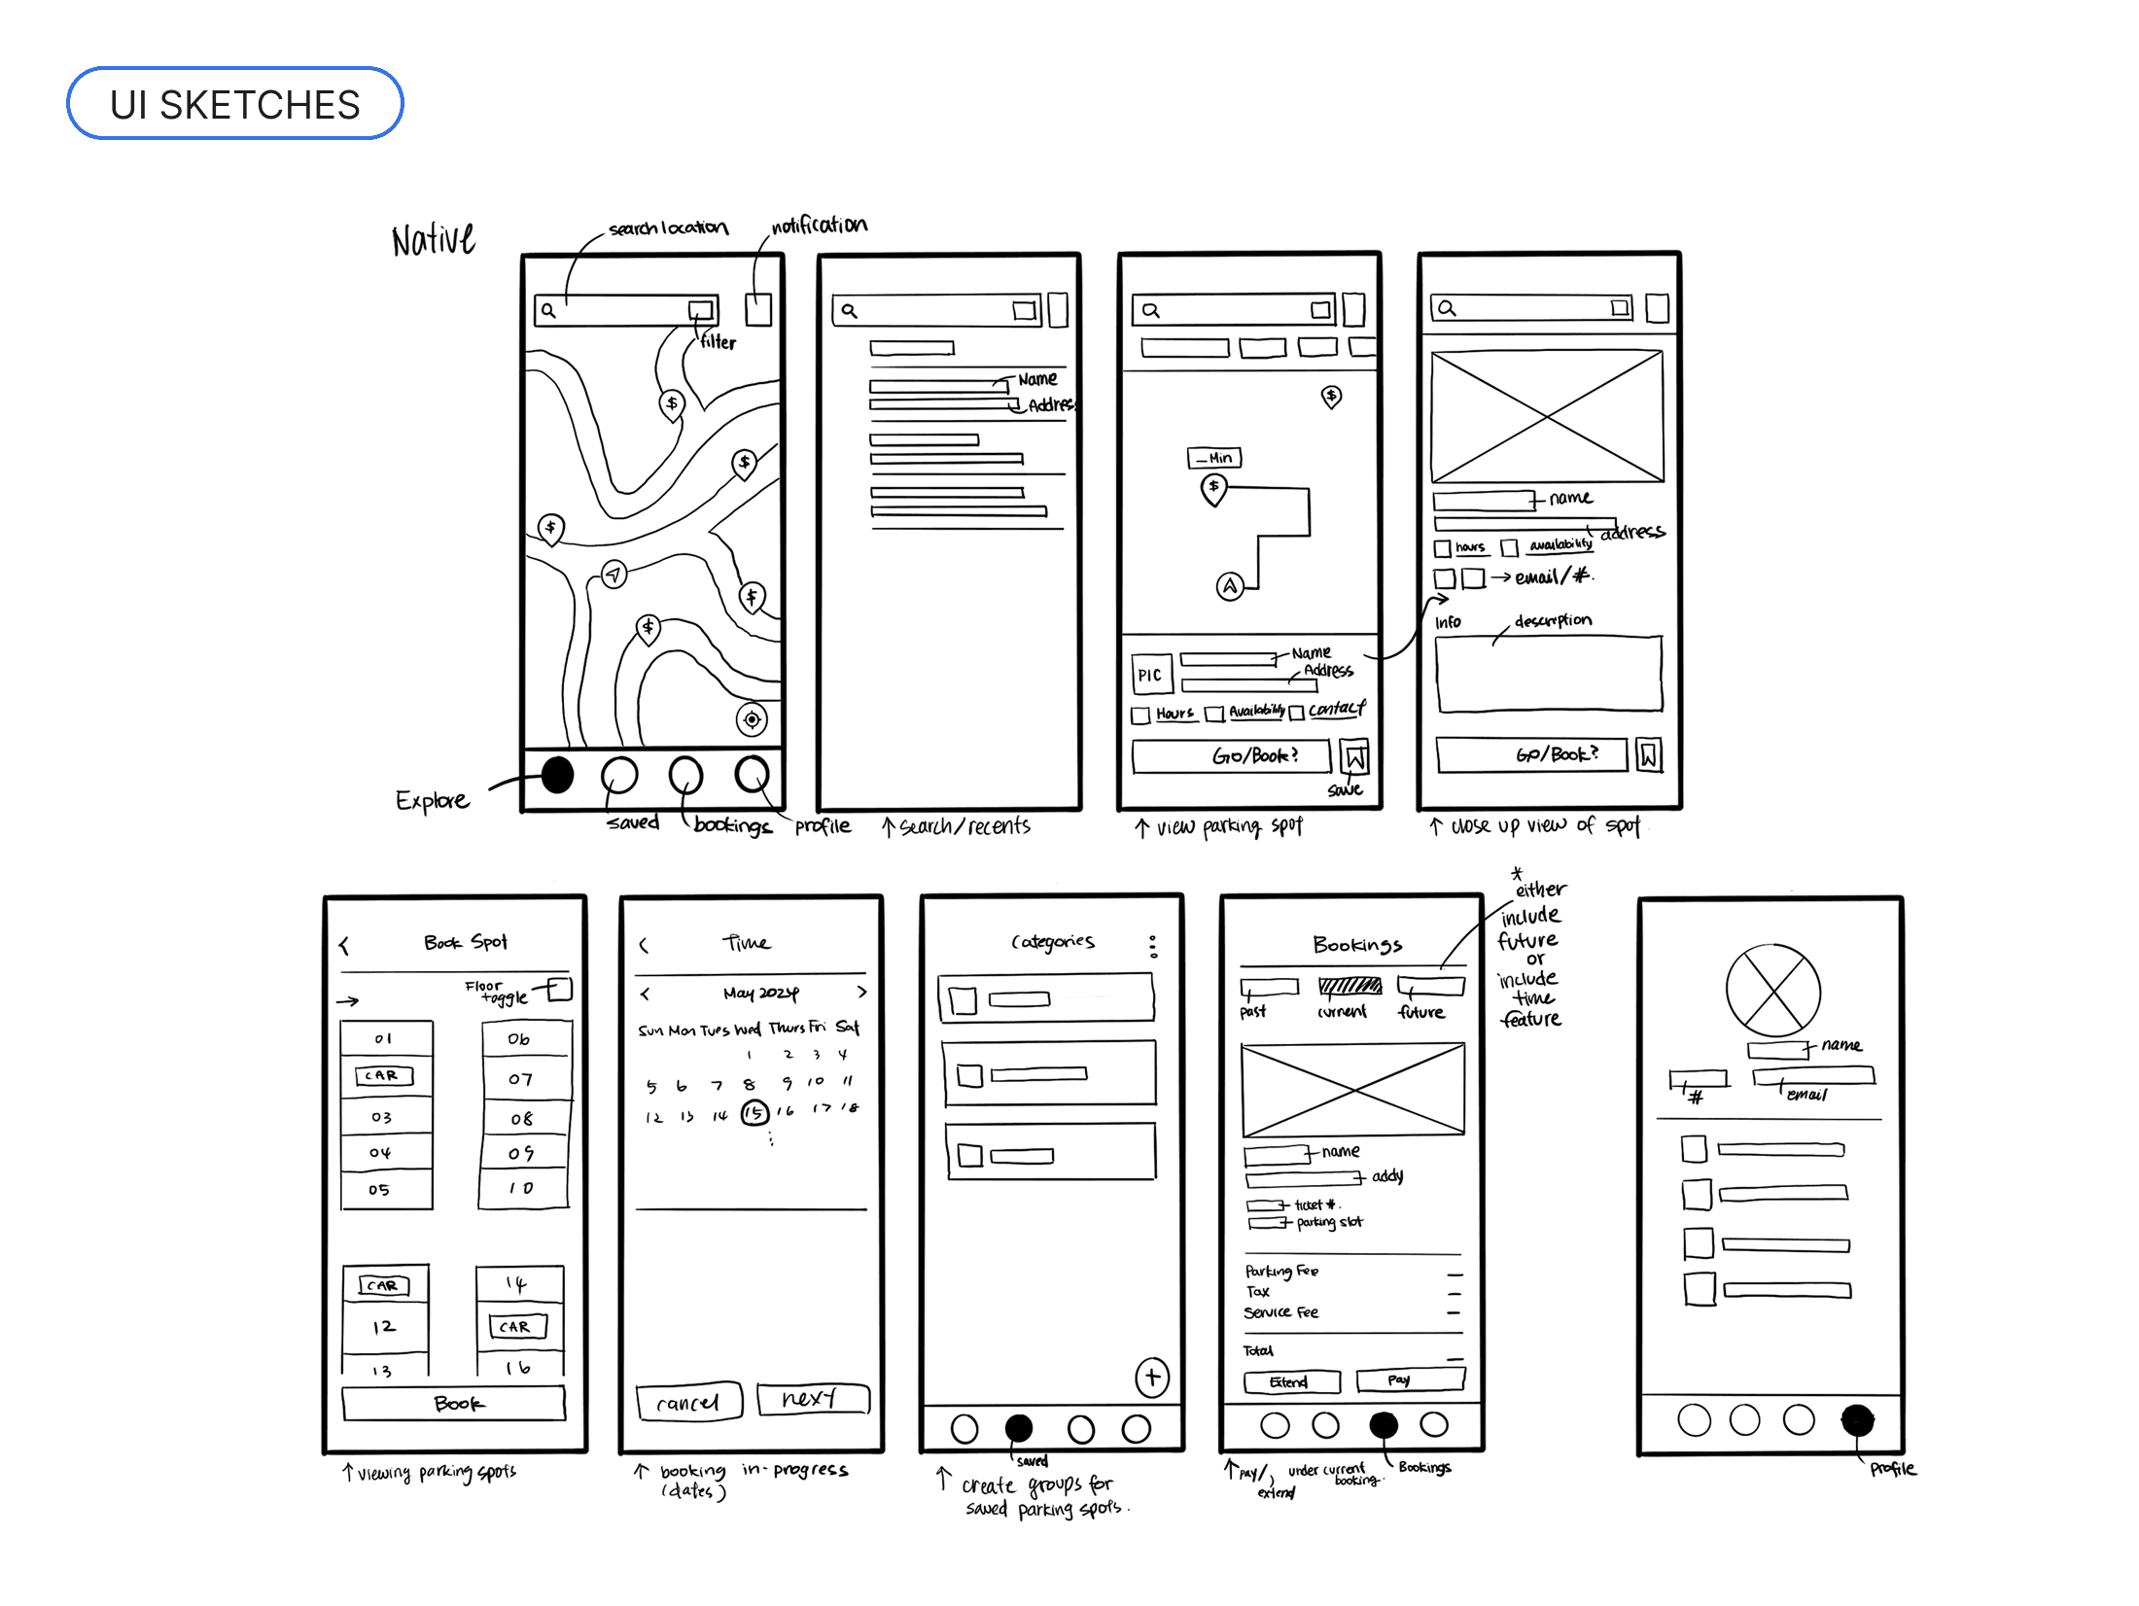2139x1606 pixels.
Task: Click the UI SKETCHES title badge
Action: [234, 104]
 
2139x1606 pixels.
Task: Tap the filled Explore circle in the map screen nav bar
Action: [557, 775]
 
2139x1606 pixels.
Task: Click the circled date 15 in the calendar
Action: [754, 1113]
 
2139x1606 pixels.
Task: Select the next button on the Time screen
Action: [812, 1399]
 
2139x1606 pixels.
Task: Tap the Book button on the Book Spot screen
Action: [454, 1404]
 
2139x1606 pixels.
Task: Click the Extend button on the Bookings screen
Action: [1291, 1382]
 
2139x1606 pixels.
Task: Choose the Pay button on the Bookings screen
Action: [1409, 1379]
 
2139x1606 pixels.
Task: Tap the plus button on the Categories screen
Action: [1152, 1377]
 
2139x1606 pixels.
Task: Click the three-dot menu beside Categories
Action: [1153, 946]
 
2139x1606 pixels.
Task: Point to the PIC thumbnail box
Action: [1151, 675]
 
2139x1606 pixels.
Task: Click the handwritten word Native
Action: [434, 239]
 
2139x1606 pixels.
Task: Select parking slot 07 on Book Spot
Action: [522, 1079]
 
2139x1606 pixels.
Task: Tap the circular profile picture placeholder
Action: [1772, 991]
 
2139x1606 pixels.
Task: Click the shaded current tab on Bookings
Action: [1349, 987]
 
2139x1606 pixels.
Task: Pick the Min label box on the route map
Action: [1214, 458]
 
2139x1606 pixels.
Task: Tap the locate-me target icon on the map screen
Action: [752, 719]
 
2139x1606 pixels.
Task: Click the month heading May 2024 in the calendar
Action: [760, 993]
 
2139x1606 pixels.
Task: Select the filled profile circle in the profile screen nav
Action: [1857, 1420]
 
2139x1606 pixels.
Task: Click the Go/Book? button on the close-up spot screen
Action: [1531, 754]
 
